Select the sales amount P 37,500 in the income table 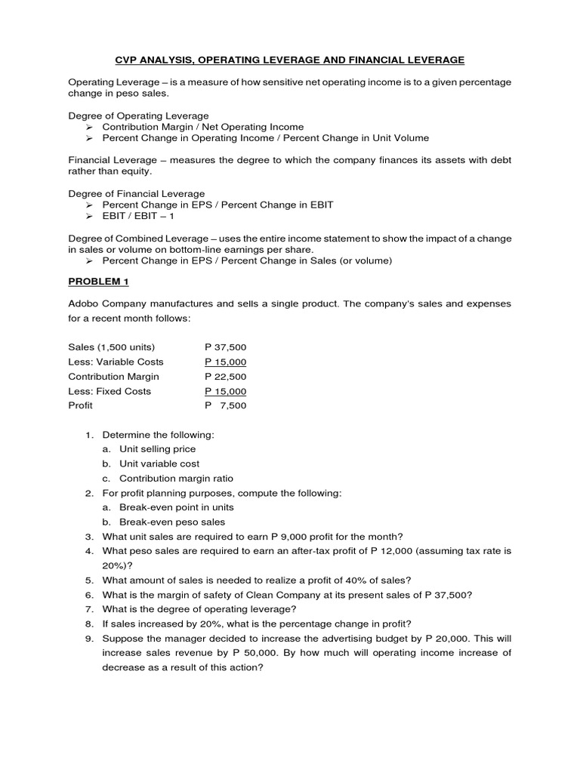click(225, 347)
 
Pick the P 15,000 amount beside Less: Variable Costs click(225, 362)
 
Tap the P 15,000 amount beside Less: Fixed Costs click(225, 391)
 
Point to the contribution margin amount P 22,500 click(225, 377)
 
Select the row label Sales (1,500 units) click(111, 347)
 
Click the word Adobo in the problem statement click(83, 303)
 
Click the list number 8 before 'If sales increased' click(88, 624)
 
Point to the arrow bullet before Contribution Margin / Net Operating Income click(89, 128)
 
